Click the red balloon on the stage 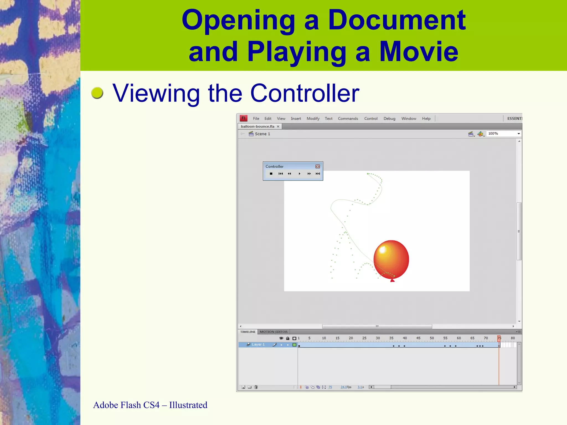[x=391, y=259]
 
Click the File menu [x=256, y=118]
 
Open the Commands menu [x=348, y=118]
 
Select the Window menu [x=409, y=118]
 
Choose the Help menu [x=426, y=118]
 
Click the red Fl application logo [x=244, y=118]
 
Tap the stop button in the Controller [x=271, y=174]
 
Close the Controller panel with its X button [x=318, y=166]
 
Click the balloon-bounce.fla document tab [x=257, y=126]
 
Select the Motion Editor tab [x=274, y=332]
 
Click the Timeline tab [x=248, y=332]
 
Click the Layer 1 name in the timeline [x=258, y=344]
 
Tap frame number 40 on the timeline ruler [x=405, y=338]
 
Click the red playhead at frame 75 [x=499, y=338]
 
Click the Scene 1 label [x=262, y=134]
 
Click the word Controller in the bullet [x=305, y=93]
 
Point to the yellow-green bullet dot [x=97, y=93]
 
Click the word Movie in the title [x=419, y=51]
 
